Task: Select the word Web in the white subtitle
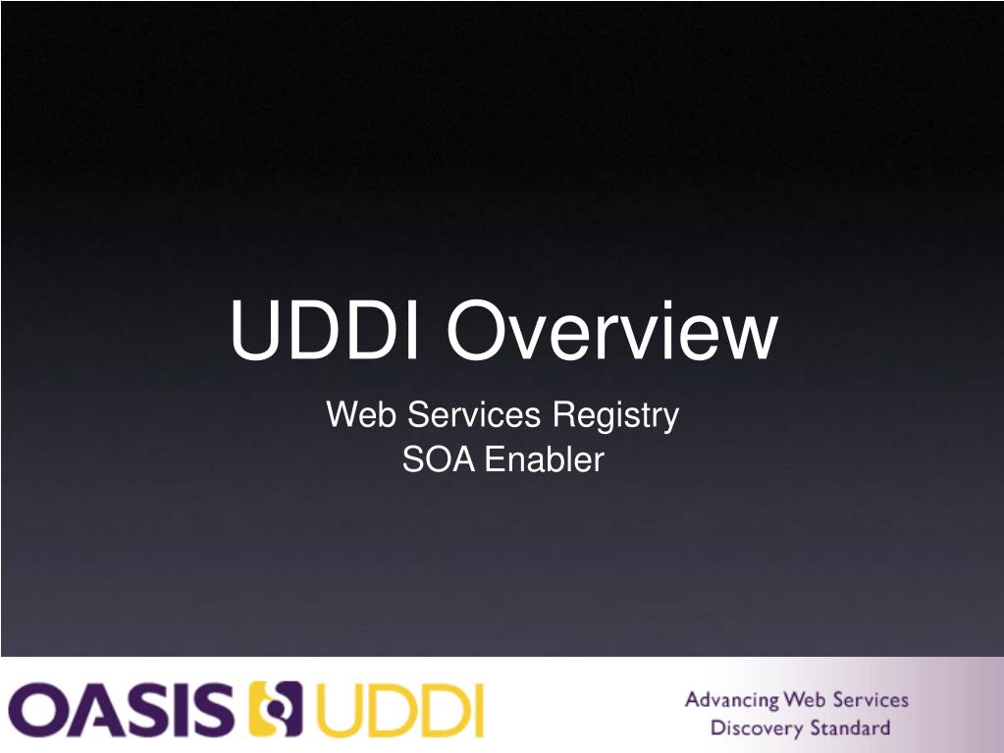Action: point(362,415)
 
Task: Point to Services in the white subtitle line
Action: point(474,415)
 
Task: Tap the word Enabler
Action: point(545,459)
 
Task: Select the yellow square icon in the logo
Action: point(277,709)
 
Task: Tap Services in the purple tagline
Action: point(871,700)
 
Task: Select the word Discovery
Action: point(757,728)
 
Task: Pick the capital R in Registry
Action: point(561,415)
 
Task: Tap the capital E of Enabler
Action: point(494,459)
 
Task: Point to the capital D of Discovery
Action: point(717,728)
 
